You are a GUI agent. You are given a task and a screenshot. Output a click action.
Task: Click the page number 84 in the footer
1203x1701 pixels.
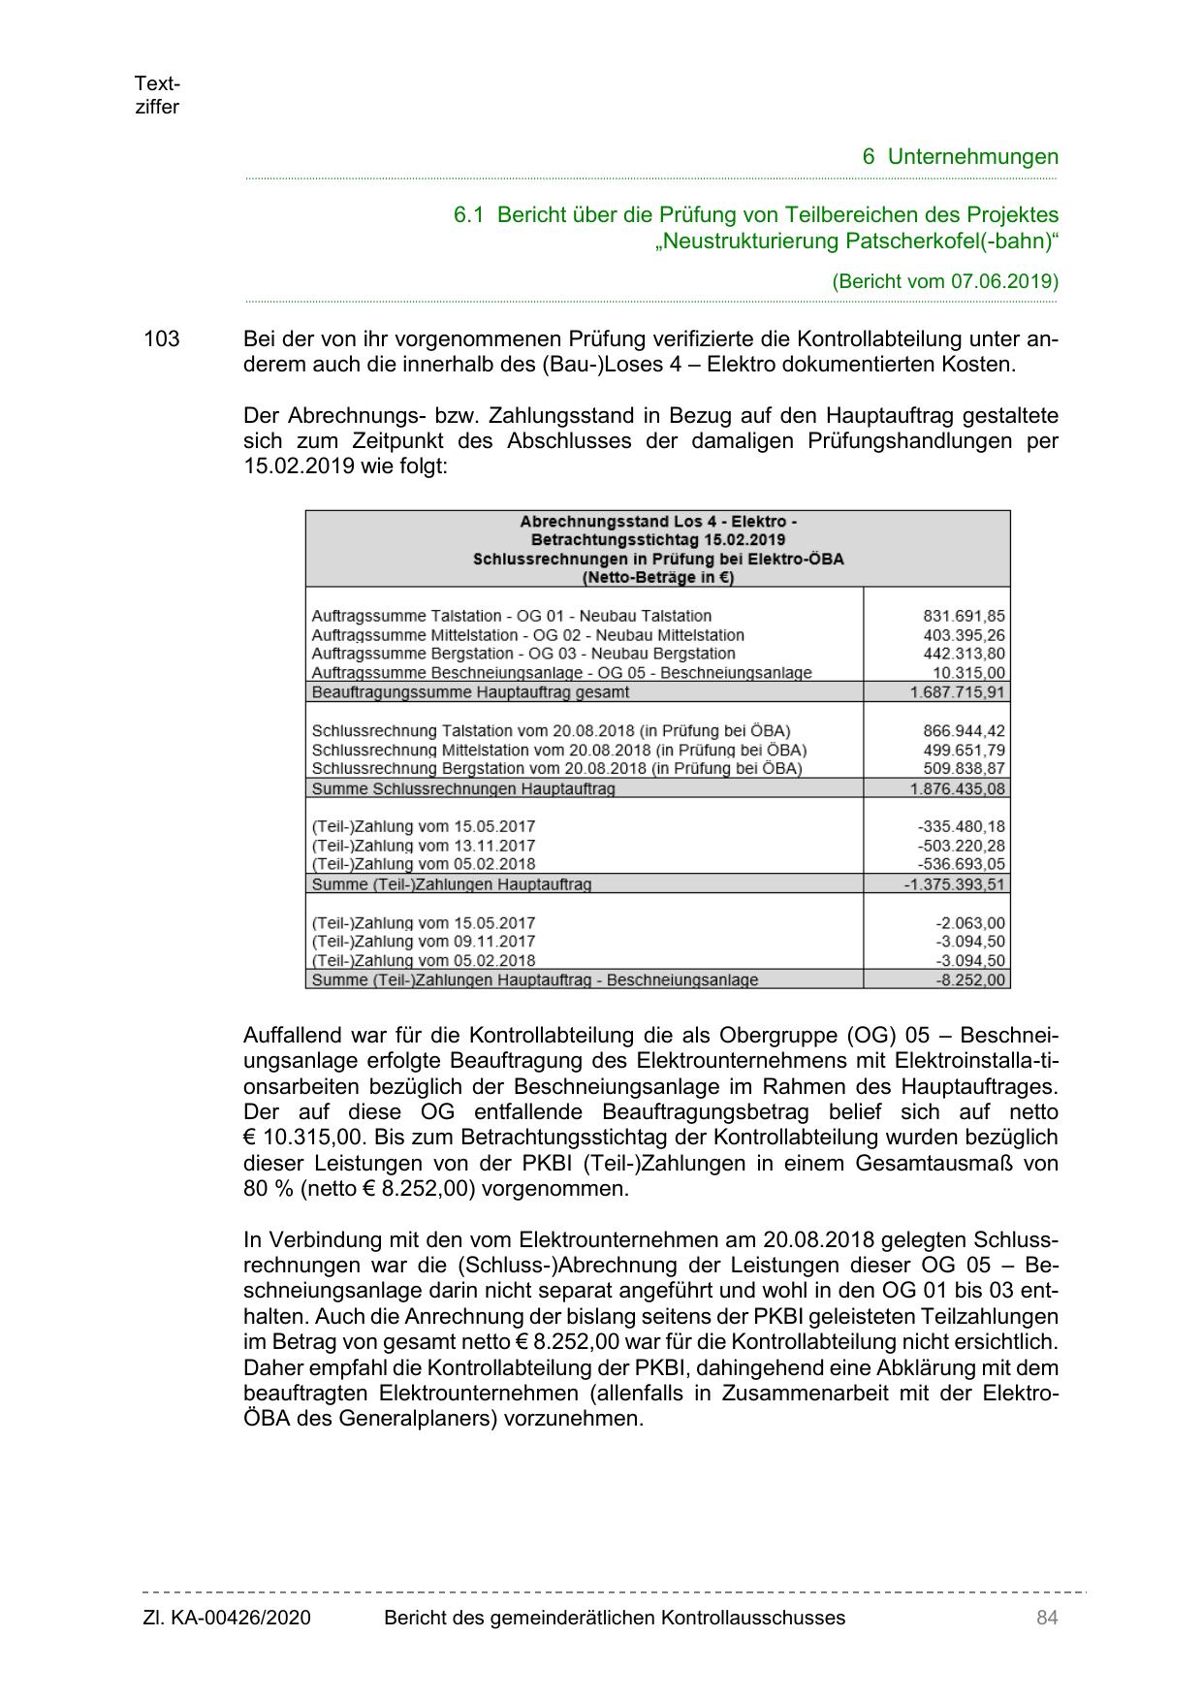[1046, 1618]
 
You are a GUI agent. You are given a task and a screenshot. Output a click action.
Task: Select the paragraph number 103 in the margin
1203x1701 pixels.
[162, 339]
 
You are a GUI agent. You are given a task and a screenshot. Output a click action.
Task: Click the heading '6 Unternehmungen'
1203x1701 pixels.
[960, 156]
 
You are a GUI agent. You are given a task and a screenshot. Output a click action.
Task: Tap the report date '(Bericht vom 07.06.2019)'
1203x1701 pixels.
[945, 281]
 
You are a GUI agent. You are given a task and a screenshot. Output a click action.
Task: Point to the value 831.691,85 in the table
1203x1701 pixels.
[964, 616]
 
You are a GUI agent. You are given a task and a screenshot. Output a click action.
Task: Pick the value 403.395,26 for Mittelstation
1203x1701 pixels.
[964, 635]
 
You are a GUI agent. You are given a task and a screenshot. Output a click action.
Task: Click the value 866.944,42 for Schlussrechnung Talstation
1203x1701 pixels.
[964, 730]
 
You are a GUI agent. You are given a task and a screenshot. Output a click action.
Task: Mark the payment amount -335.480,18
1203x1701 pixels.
[961, 826]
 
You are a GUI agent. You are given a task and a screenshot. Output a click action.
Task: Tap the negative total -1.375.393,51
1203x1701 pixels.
[955, 884]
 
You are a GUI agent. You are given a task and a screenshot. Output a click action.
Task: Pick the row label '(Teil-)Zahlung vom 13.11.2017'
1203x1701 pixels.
[424, 846]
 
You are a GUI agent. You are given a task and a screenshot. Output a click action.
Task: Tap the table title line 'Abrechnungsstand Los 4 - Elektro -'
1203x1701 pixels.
[658, 521]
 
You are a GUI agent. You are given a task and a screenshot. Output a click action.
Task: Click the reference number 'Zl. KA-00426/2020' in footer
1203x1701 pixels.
[227, 1618]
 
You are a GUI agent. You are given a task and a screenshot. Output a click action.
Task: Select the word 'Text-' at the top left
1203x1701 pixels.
[157, 83]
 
